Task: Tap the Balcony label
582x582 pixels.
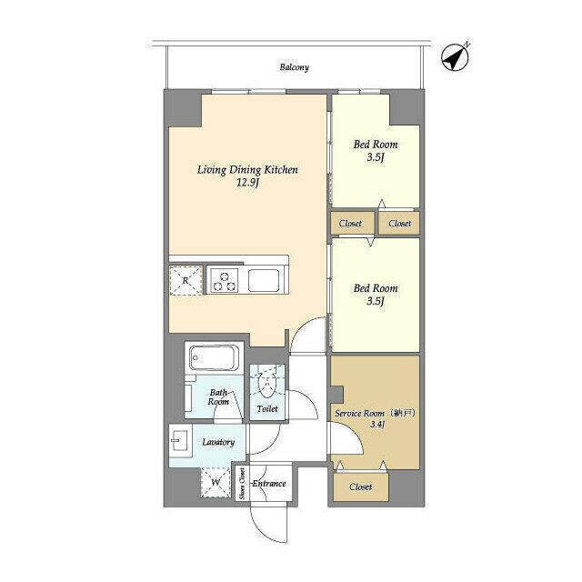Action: (x=294, y=67)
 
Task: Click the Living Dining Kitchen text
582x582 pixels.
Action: (x=248, y=169)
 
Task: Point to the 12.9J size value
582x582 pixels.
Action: (x=248, y=184)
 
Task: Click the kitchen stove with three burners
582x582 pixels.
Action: (x=225, y=280)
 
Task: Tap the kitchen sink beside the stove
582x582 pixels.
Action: (x=266, y=280)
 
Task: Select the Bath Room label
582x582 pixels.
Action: (x=218, y=396)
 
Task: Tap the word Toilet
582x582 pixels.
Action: (x=267, y=409)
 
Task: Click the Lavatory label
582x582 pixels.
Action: (x=218, y=443)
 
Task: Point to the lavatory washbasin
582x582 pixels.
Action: (x=178, y=443)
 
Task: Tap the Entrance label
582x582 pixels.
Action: (x=269, y=484)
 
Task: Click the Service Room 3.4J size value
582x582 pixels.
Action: (x=376, y=424)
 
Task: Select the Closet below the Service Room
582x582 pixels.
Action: (x=361, y=487)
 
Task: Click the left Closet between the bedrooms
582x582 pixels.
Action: (x=350, y=223)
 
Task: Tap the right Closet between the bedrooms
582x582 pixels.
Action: (x=399, y=223)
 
